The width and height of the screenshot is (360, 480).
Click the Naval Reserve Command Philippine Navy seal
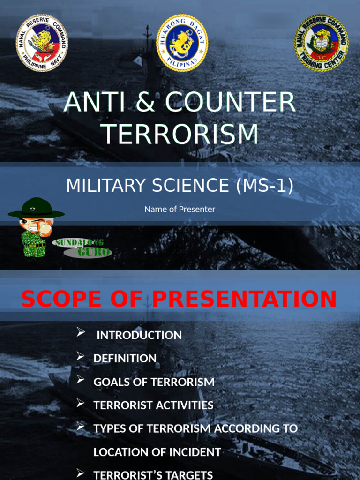pyautogui.click(x=42, y=43)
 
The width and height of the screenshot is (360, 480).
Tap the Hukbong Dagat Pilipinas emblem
pyautogui.click(x=182, y=43)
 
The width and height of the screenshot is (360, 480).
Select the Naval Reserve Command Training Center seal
pyautogui.click(x=321, y=43)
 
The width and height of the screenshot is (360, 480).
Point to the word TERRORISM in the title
pyautogui.click(x=180, y=134)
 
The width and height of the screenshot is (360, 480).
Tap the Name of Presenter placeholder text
pyautogui.click(x=180, y=210)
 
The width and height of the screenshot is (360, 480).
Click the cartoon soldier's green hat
pyautogui.click(x=36, y=208)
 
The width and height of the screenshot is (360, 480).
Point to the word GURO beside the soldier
pyautogui.click(x=94, y=252)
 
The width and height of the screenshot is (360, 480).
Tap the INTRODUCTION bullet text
pyautogui.click(x=139, y=335)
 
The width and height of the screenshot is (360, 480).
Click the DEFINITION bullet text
pyautogui.click(x=125, y=359)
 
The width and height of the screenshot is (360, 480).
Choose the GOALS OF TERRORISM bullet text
pyautogui.click(x=154, y=382)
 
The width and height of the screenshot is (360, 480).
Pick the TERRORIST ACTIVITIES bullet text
pyautogui.click(x=153, y=405)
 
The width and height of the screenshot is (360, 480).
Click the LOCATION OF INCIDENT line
pyautogui.click(x=157, y=452)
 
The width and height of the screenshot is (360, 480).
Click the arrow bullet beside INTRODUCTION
pyautogui.click(x=81, y=333)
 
